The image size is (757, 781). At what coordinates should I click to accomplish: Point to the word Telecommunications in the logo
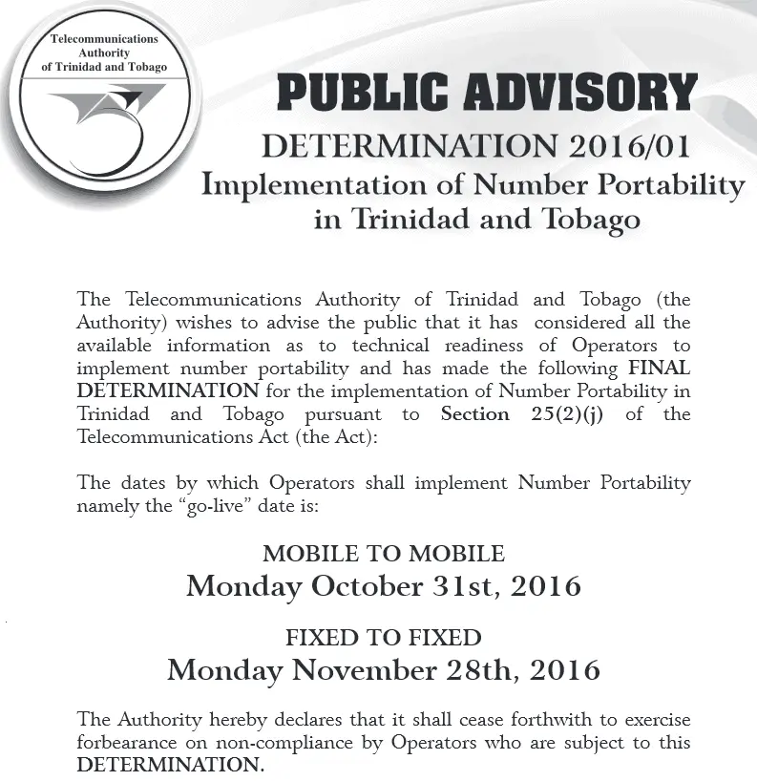click(105, 39)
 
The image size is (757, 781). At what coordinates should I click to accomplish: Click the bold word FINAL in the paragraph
click(659, 369)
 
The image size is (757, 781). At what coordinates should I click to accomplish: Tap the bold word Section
click(474, 414)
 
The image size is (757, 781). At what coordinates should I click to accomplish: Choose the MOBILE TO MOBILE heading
click(384, 554)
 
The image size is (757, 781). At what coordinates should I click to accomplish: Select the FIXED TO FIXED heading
click(384, 637)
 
